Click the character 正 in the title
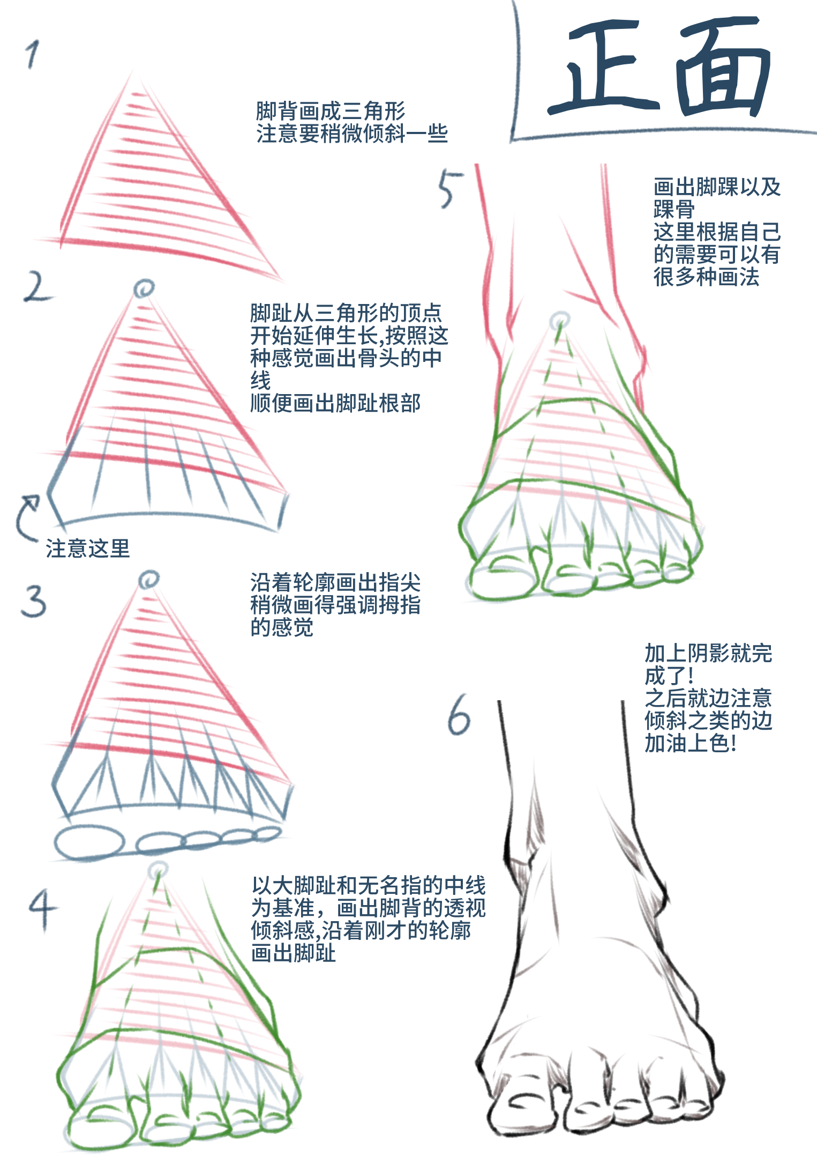tap(603, 67)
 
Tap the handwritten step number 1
tap(32, 55)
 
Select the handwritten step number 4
tap(42, 909)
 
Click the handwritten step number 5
tap(449, 189)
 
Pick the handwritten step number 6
tap(459, 716)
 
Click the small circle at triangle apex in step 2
tap(144, 288)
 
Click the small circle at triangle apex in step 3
tap(148, 580)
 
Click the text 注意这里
tap(88, 549)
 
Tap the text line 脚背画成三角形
tap(331, 111)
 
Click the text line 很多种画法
tap(706, 277)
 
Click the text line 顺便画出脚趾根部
tap(335, 403)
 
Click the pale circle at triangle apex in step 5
tap(560, 321)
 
